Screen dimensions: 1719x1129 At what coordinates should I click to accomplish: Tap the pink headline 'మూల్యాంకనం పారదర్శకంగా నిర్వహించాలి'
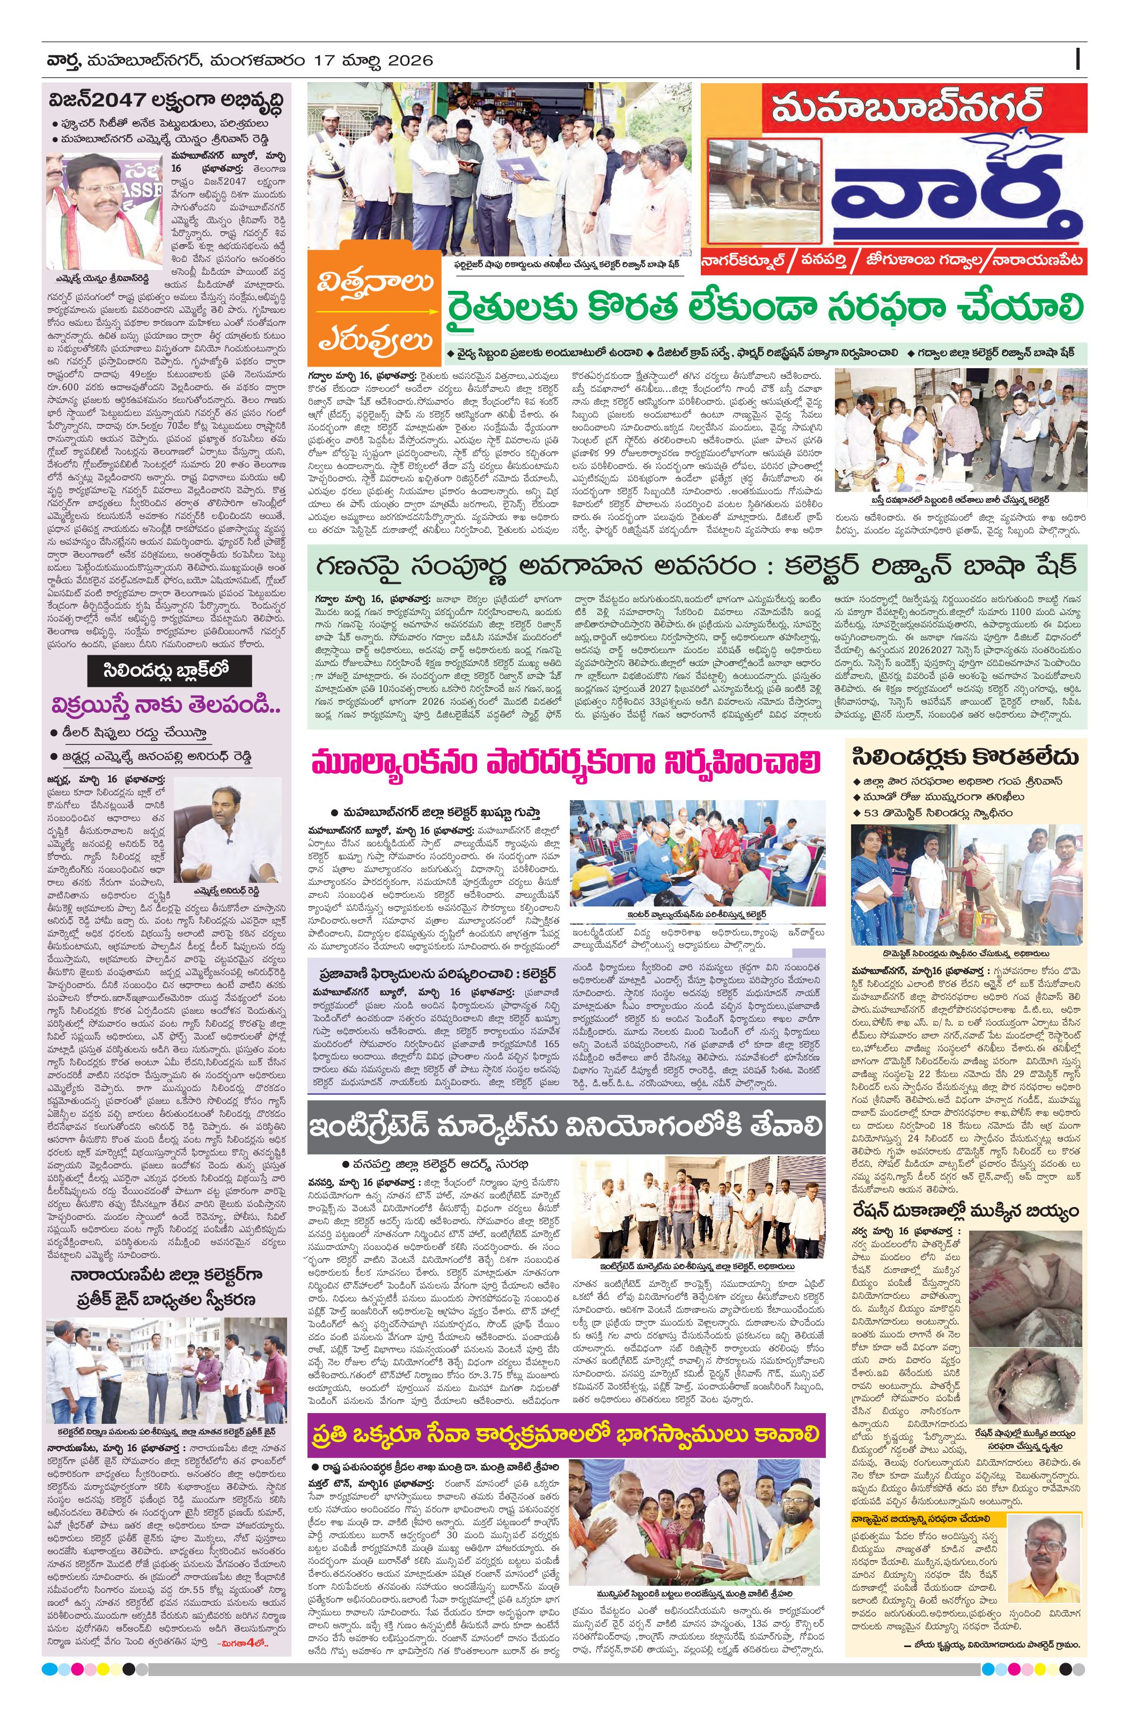[x=568, y=764]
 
